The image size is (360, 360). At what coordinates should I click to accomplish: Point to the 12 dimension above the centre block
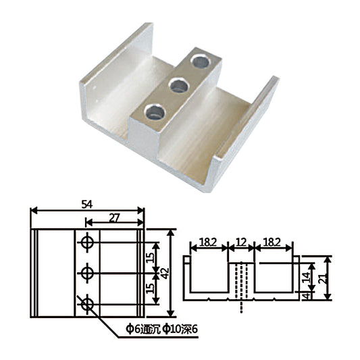click(x=241, y=242)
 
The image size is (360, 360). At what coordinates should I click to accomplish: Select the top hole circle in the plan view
click(x=87, y=242)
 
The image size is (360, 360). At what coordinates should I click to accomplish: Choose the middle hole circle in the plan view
click(x=87, y=273)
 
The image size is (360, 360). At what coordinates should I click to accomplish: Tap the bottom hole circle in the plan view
click(x=87, y=305)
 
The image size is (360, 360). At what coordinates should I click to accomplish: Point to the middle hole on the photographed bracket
click(x=178, y=86)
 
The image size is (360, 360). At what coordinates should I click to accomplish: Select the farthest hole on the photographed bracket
click(x=201, y=61)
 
